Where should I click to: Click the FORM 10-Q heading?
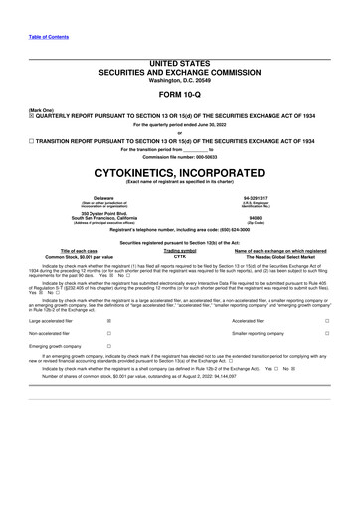[x=180, y=97]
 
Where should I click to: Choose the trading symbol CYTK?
[x=180, y=257]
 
